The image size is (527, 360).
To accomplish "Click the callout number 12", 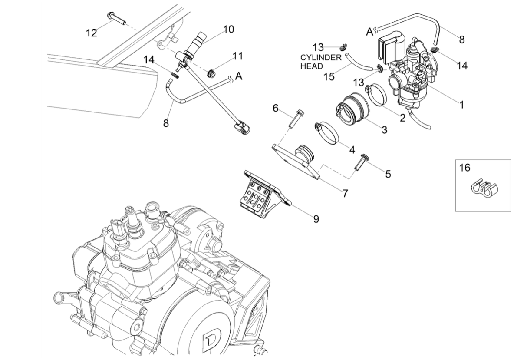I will coord(91,33).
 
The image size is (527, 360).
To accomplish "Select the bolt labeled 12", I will coord(115,18).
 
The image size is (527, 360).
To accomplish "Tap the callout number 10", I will coord(228,29).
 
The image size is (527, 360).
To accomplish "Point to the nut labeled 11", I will coord(212,72).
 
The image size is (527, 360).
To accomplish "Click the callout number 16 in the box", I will coord(464,168).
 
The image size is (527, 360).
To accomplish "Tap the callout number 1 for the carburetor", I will coord(461,105).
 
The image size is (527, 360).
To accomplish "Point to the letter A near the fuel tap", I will coord(238,76).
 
